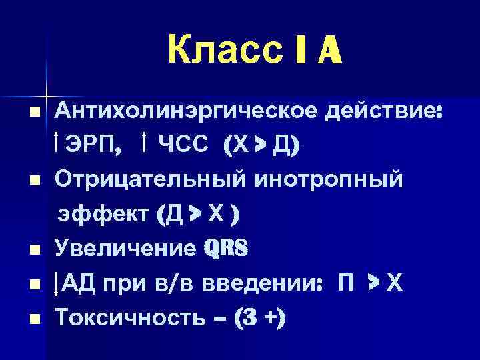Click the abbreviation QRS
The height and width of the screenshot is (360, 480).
(227, 250)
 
